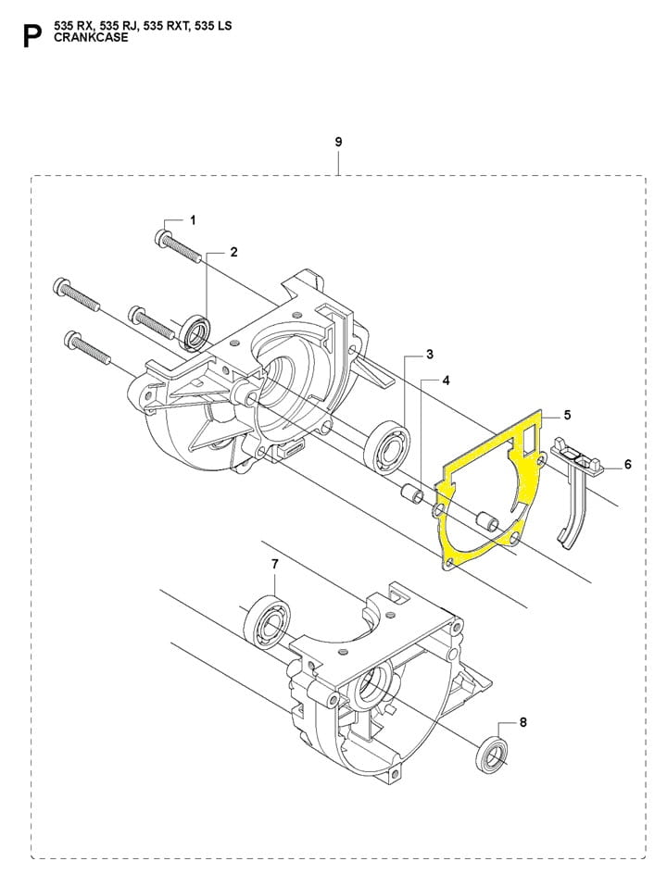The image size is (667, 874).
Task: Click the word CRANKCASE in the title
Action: click(91, 37)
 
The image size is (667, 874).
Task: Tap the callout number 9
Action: click(338, 142)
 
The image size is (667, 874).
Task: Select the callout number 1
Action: click(193, 220)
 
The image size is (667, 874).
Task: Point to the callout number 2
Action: click(234, 252)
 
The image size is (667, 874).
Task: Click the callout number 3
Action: click(430, 354)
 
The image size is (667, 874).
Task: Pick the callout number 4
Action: click(446, 381)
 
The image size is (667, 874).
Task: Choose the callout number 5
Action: click(567, 415)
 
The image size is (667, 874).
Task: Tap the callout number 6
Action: click(628, 464)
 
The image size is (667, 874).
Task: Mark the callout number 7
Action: click(274, 564)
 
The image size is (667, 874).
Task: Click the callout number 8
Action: click(522, 722)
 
